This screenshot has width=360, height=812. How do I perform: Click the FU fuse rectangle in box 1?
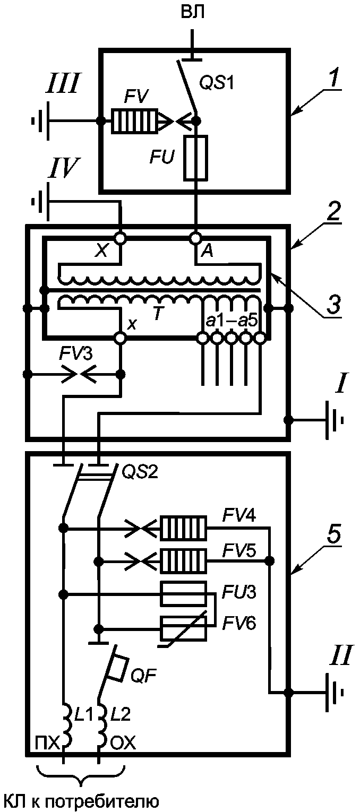coord(196,158)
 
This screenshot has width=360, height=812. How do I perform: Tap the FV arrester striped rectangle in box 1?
coord(135,121)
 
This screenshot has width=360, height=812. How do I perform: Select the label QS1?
coord(217,83)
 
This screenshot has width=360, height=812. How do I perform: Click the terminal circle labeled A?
coord(196,238)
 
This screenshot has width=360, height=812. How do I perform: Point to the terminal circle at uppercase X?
coord(120,238)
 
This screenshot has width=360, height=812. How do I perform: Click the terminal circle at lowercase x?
coord(120,338)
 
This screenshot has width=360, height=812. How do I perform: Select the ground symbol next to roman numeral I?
coord(333,420)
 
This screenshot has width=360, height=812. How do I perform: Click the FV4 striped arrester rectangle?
coord(184,528)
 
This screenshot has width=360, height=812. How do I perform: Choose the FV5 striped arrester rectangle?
coord(184,561)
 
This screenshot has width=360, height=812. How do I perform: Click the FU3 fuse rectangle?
coord(184,594)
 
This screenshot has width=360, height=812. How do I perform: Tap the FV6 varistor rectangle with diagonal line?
coord(184,628)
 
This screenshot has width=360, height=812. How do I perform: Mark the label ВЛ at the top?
coord(192,12)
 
